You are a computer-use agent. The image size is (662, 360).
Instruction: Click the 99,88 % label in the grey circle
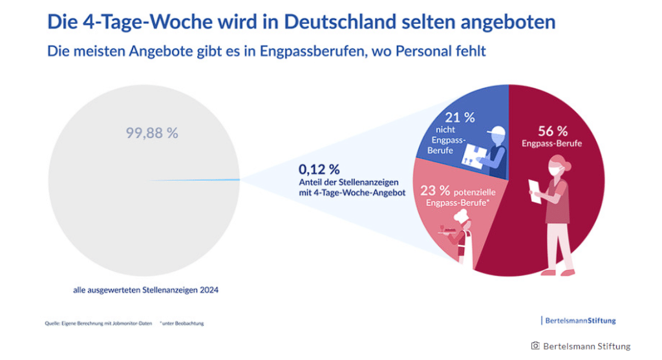pos(152,134)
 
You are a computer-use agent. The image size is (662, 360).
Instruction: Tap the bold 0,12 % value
pos(319,170)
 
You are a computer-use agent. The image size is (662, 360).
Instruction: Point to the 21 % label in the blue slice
pos(460,118)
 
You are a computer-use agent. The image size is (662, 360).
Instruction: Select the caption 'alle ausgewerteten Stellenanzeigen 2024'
pos(145,290)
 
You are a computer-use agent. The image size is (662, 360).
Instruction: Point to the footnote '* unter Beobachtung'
pos(182,323)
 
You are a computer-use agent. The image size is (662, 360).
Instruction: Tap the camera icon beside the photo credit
pos(535,346)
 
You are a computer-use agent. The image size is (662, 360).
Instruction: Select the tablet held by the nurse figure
pos(535,189)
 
